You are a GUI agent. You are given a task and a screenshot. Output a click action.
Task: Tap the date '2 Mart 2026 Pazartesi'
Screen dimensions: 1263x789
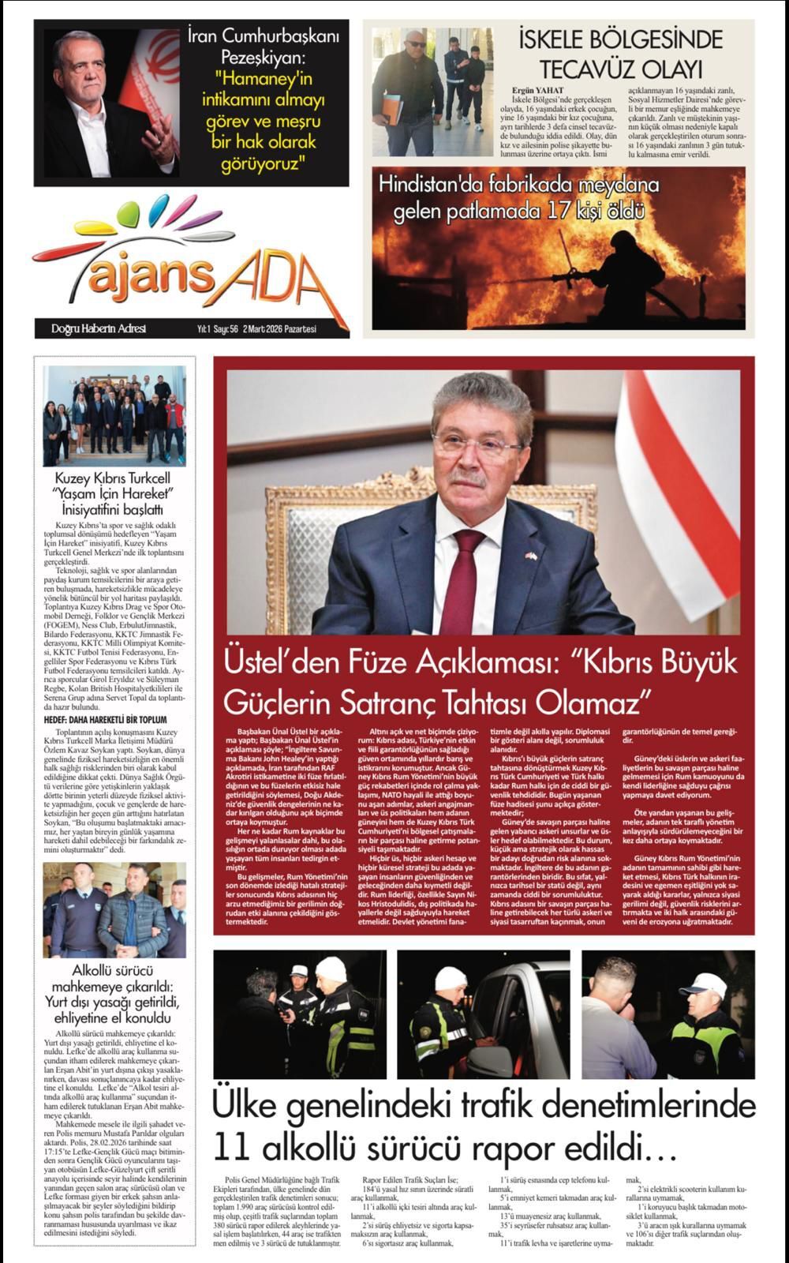click(x=279, y=329)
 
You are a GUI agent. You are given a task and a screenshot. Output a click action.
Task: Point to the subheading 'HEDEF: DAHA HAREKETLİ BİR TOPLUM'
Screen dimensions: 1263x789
click(x=105, y=720)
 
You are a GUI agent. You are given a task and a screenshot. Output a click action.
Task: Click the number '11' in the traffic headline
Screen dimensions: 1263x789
click(x=237, y=1143)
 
